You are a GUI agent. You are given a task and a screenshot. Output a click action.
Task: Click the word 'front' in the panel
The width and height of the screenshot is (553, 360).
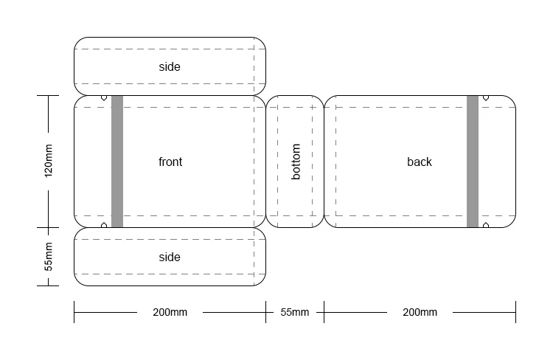point(170,162)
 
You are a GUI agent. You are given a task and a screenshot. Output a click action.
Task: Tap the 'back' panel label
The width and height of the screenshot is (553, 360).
point(420,162)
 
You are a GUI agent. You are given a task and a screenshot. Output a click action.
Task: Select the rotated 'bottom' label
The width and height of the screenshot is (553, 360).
point(296,162)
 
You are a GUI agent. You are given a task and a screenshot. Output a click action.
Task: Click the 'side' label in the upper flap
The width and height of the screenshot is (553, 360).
point(170,66)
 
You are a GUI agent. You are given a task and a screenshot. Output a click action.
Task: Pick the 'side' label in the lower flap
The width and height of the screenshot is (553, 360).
point(170,257)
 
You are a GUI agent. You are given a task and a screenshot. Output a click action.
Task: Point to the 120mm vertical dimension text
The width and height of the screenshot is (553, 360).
point(49,161)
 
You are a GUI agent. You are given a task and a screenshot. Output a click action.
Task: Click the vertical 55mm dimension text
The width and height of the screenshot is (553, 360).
point(49,257)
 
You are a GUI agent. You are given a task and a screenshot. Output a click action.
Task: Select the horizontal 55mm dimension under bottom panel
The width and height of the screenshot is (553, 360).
point(295,312)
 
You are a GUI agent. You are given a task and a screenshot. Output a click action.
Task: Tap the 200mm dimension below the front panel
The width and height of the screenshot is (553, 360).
point(170,312)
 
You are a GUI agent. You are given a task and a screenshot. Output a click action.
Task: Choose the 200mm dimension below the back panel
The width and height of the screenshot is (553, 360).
point(420,312)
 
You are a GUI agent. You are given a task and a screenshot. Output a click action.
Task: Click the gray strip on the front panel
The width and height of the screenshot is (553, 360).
point(117,162)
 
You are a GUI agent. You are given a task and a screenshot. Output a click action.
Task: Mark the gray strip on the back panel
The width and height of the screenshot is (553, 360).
point(473,162)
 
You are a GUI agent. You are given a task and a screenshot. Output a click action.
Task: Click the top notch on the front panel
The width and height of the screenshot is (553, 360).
point(104,98)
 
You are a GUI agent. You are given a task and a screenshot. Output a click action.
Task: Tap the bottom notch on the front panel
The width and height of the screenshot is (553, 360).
point(104,225)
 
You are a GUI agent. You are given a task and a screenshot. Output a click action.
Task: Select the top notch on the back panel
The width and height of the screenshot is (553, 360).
point(486,98)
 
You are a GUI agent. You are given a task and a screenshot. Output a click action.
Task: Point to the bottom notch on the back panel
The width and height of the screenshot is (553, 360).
point(486,225)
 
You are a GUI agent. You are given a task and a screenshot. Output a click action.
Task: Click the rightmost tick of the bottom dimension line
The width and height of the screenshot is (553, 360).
point(515,312)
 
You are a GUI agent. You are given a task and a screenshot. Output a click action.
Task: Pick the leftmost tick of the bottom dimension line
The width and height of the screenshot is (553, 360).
point(74,312)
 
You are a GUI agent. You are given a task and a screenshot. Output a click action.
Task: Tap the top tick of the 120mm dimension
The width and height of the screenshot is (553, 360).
point(48,95)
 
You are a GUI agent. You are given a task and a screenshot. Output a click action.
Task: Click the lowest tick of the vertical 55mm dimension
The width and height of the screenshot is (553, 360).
point(48,285)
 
